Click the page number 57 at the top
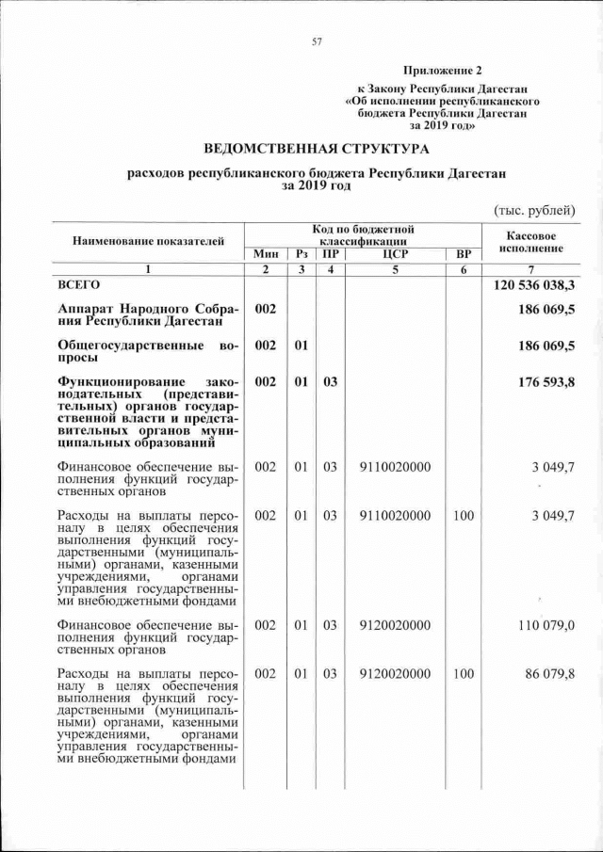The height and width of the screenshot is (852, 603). click(x=317, y=40)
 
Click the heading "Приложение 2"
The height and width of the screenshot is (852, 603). click(x=442, y=71)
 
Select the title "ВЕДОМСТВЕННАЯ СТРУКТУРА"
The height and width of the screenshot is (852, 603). click(x=317, y=149)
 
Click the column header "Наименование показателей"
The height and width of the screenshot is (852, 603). click(x=149, y=241)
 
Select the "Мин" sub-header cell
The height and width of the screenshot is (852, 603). click(x=265, y=254)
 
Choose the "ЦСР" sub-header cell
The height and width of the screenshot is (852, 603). click(x=395, y=254)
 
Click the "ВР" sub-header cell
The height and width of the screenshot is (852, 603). click(x=462, y=254)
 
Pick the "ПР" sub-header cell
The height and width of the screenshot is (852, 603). click(x=330, y=254)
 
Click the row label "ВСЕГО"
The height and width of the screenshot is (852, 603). click(x=78, y=283)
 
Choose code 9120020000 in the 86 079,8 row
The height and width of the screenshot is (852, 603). click(x=395, y=674)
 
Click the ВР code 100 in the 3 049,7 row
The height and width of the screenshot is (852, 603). click(x=462, y=516)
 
